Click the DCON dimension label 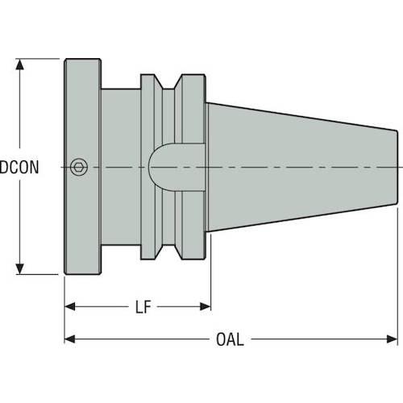pos(19,167)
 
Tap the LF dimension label pos(143,307)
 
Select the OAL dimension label pos(230,339)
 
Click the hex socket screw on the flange pos(79,167)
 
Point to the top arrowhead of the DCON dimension pos(19,64)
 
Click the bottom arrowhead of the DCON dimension pos(19,269)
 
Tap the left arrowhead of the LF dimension pos(70,306)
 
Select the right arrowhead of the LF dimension pos(206,306)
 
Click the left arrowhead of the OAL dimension pos(70,339)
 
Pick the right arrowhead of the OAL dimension pos(392,339)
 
